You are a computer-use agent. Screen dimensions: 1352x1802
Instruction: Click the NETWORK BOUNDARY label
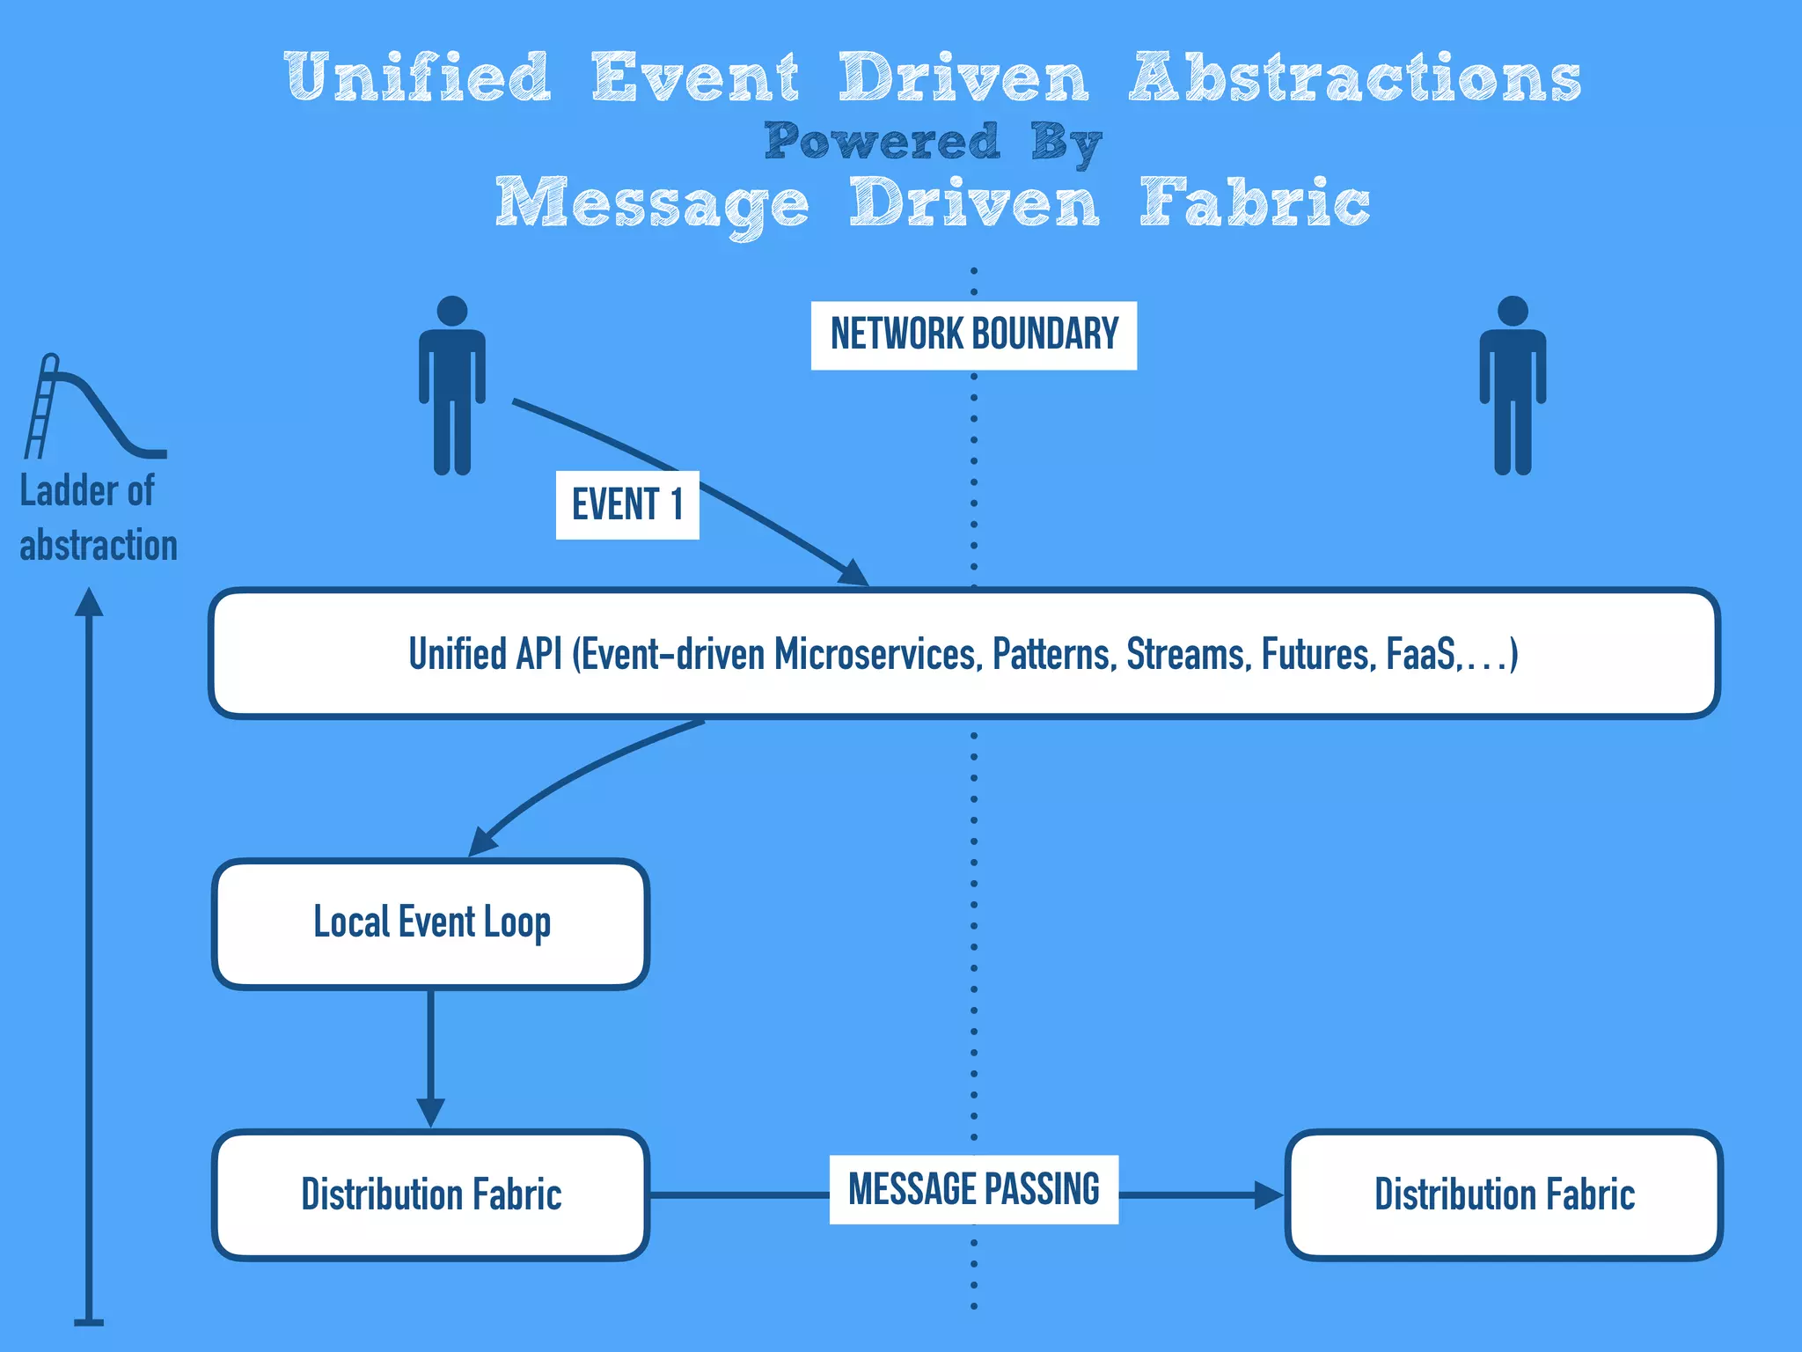pyautogui.click(x=973, y=335)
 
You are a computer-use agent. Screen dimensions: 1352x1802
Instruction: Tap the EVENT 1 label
pyautogui.click(x=626, y=504)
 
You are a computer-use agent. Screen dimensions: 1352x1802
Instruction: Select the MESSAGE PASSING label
pyautogui.click(x=973, y=1189)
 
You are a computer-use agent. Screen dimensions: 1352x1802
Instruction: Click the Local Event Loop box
pyautogui.click(x=430, y=923)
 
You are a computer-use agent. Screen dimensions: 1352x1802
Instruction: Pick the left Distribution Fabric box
pyautogui.click(x=430, y=1194)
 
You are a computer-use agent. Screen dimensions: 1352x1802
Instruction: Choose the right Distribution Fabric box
pyautogui.click(x=1504, y=1194)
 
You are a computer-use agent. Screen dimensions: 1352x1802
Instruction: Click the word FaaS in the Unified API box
pyautogui.click(x=1419, y=655)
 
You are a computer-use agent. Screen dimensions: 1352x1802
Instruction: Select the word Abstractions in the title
pyautogui.click(x=1355, y=77)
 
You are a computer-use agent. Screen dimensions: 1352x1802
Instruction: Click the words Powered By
pyautogui.click(x=933, y=142)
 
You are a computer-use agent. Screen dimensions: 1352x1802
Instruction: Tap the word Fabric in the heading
pyautogui.click(x=1254, y=203)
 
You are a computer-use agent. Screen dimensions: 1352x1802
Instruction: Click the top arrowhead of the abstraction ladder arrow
pyautogui.click(x=89, y=602)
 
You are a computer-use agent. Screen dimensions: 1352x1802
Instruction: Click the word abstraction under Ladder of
pyautogui.click(x=99, y=546)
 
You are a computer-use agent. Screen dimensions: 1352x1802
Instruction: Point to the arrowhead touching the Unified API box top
pyautogui.click(x=853, y=574)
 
